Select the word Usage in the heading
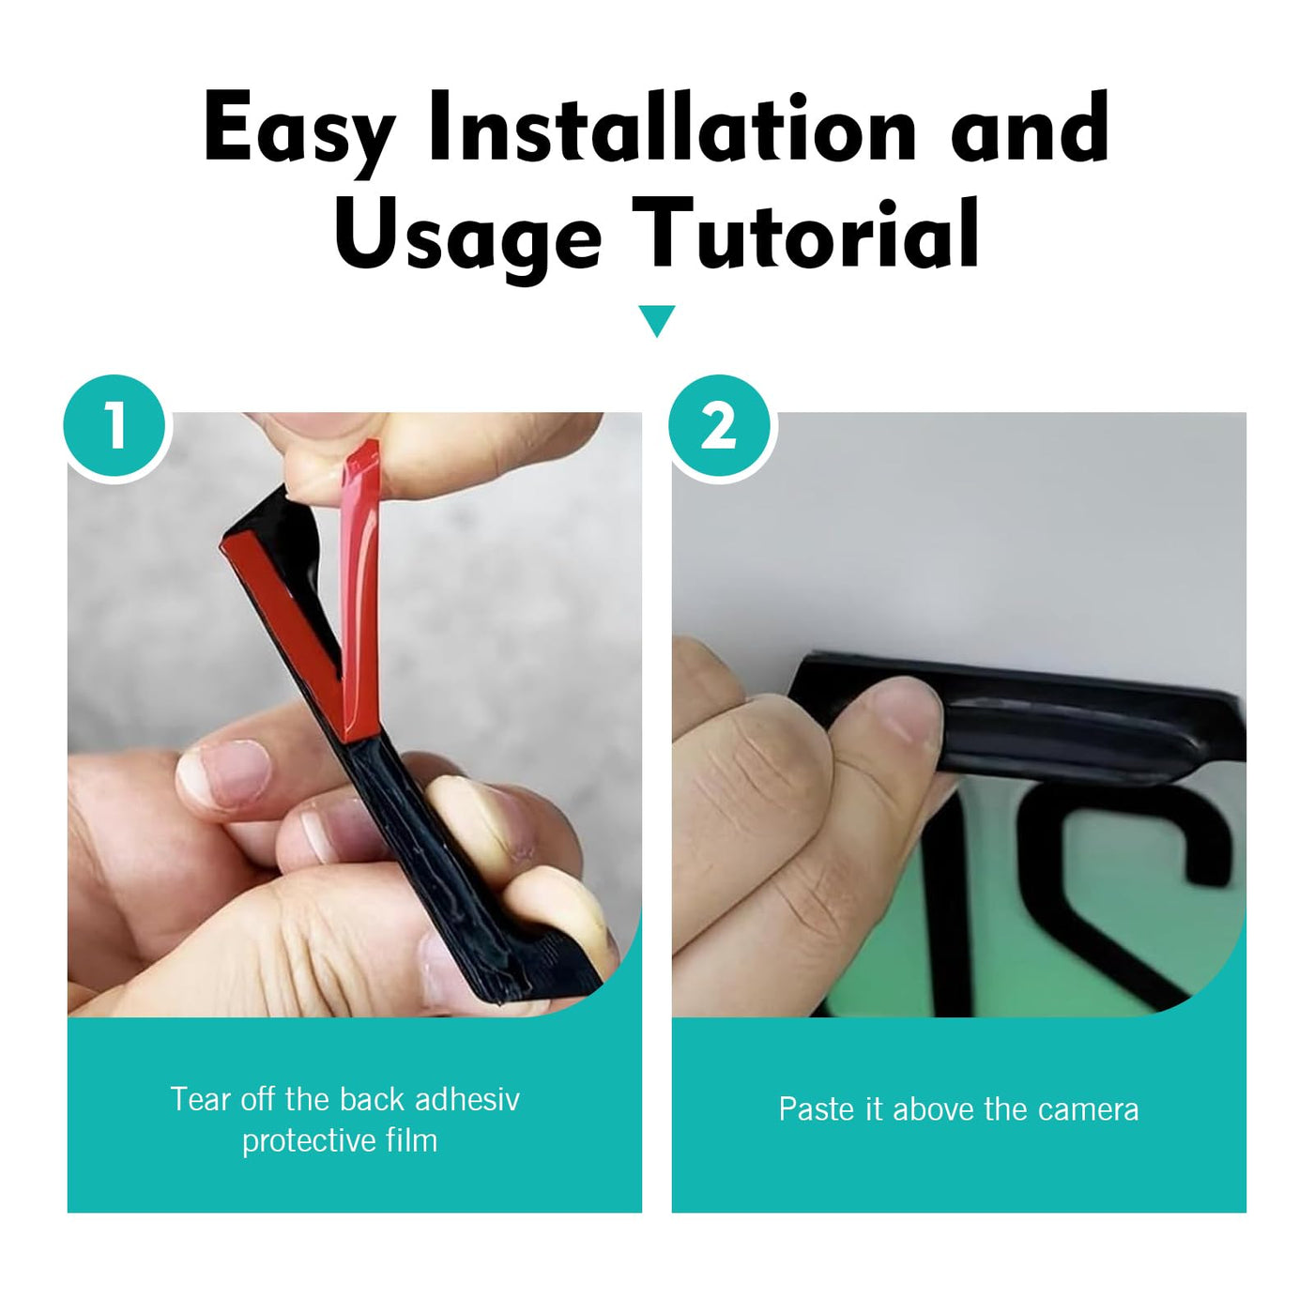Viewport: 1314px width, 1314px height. [x=467, y=236]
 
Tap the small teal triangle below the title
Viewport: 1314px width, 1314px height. [x=657, y=320]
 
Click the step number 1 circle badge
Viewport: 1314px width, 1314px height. [x=115, y=426]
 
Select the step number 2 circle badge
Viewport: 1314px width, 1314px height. [x=719, y=426]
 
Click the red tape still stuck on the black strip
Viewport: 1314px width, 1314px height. [x=283, y=600]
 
